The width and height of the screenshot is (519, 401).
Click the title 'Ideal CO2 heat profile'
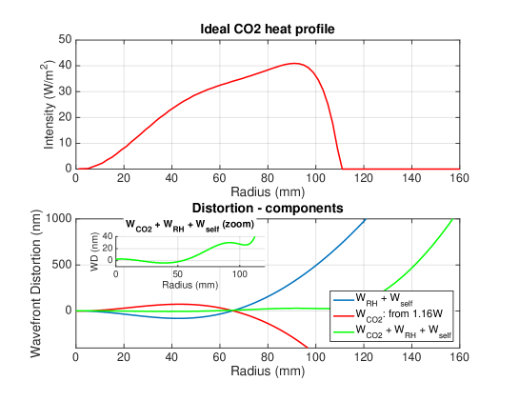point(267,30)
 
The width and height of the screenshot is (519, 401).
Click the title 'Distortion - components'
point(267,208)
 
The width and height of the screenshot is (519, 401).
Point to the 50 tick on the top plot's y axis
point(65,39)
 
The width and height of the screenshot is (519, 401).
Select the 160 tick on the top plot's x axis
point(458,177)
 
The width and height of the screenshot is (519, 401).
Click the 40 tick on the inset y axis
point(108,234)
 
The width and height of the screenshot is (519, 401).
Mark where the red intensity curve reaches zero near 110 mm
point(342,169)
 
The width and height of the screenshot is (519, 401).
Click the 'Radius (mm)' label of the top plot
point(267,190)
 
